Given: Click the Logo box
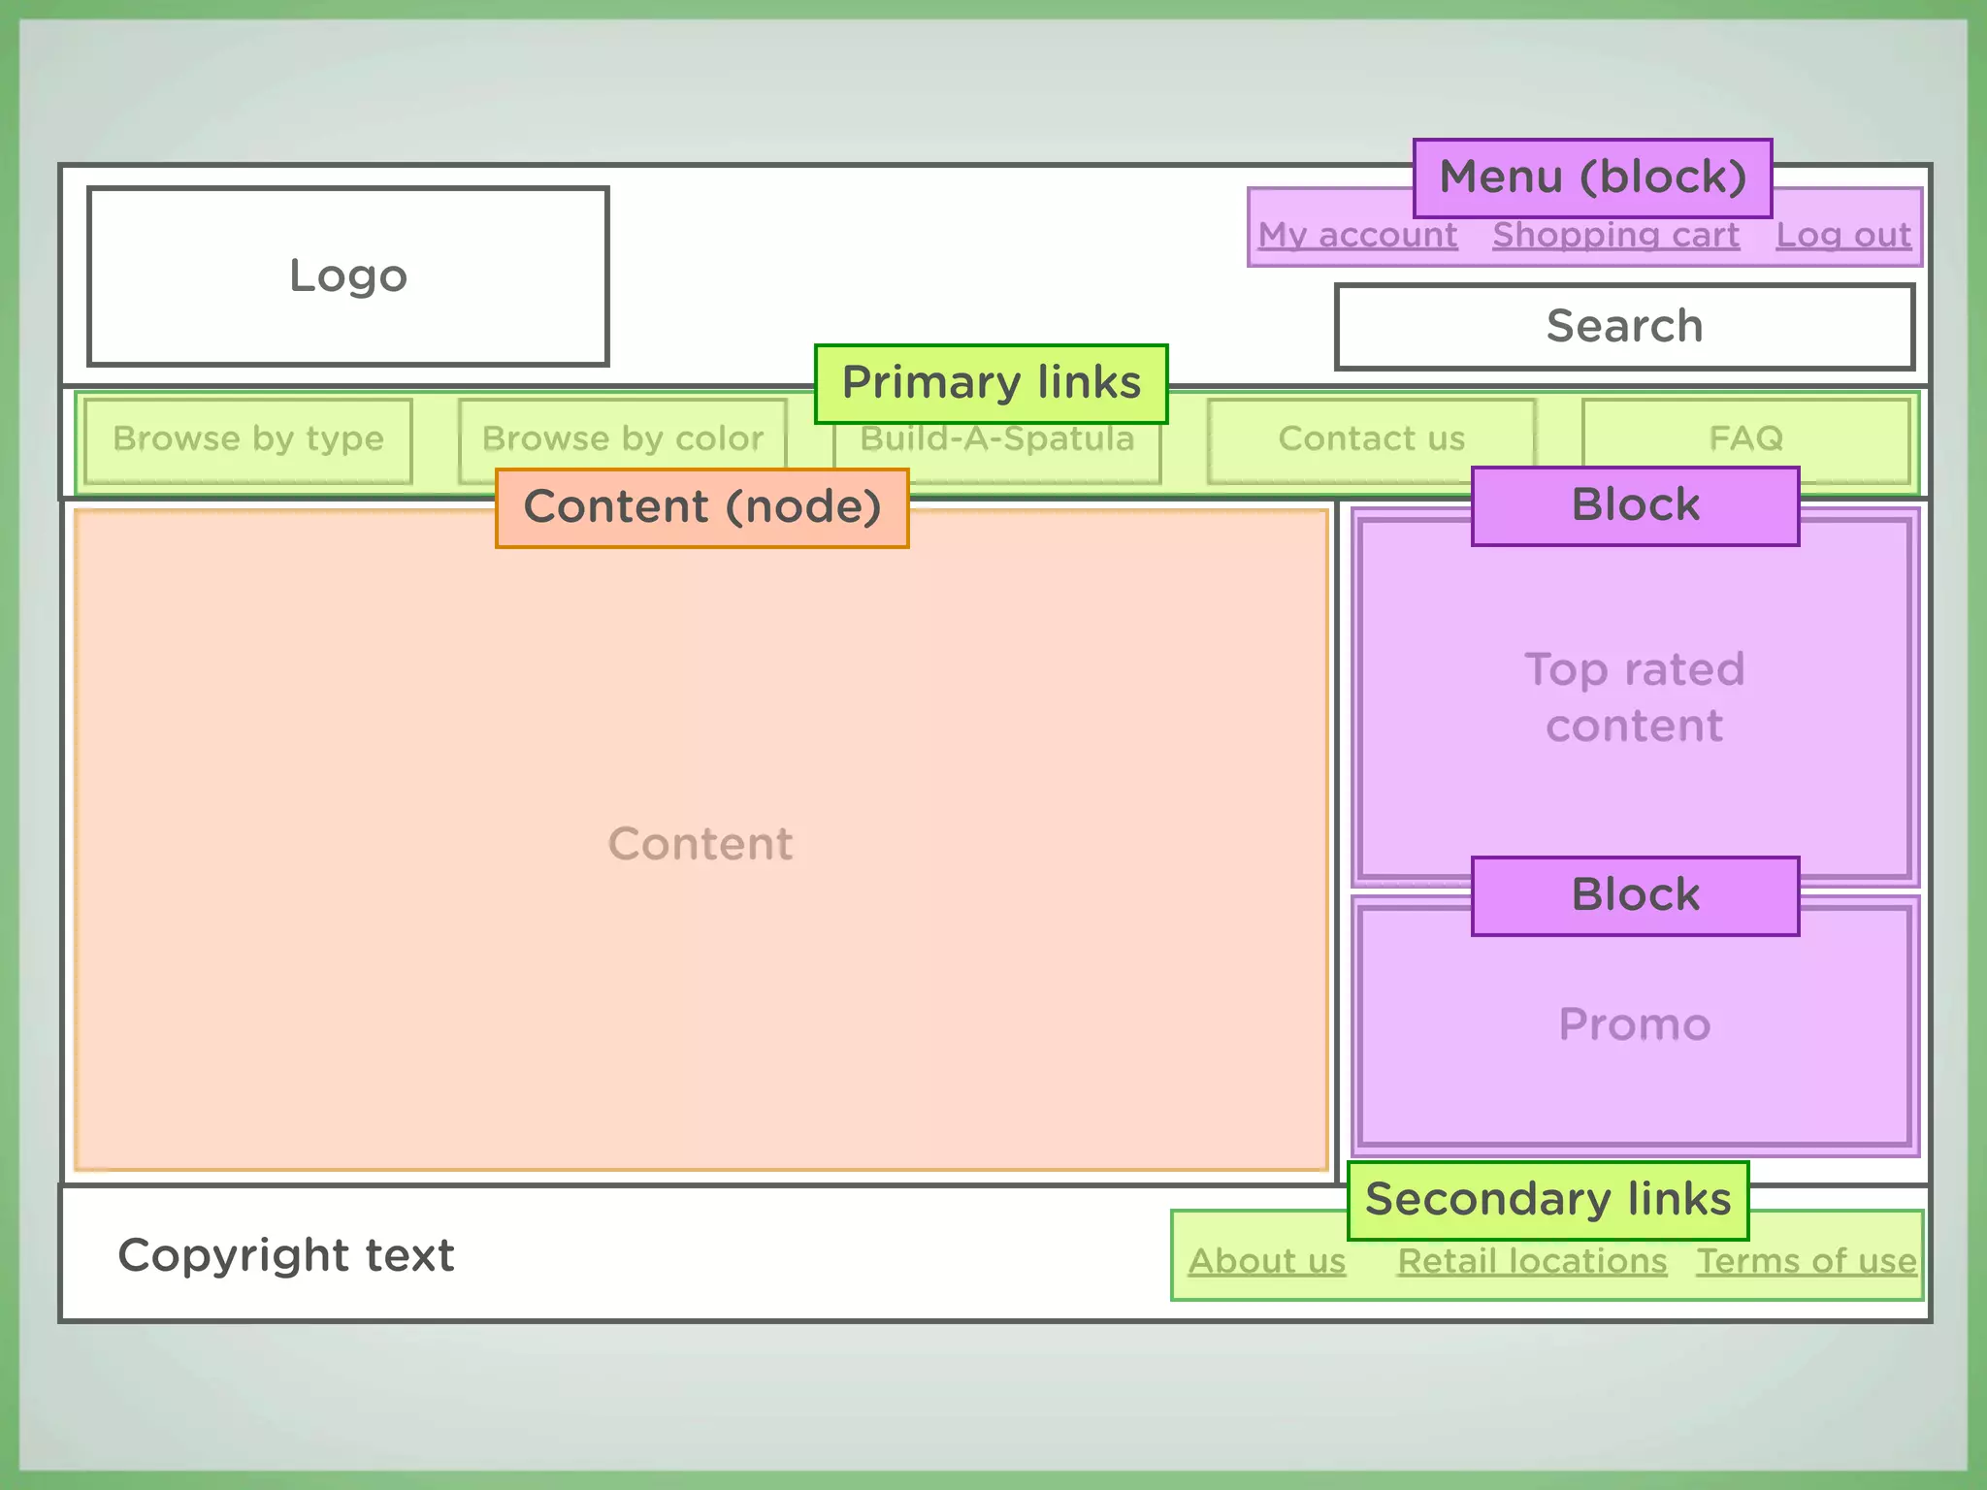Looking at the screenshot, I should (347, 276).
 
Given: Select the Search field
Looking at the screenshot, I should (1624, 327).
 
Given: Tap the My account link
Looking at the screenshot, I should (1357, 236).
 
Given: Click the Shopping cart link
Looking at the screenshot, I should (1615, 236).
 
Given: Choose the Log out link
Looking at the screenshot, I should (1842, 236).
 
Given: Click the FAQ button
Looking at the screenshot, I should (1745, 438).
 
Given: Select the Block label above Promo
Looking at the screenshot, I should (1635, 895).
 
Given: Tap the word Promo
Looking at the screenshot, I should (1635, 1025).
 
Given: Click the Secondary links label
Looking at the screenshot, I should (1547, 1200).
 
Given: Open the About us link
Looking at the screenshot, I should (1267, 1262).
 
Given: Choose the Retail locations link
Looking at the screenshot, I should (1532, 1262).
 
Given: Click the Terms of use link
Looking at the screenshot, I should (1806, 1262).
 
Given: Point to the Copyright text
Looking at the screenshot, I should (285, 1256).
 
